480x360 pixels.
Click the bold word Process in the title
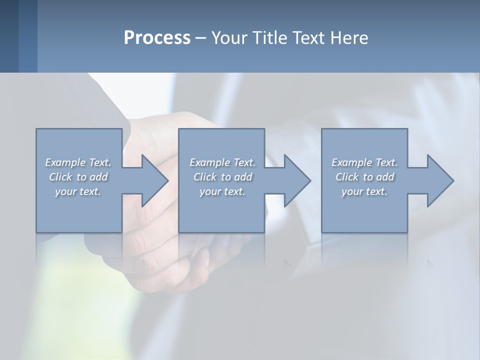click(157, 38)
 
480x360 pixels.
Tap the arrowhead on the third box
click(439, 180)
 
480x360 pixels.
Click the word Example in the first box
click(65, 162)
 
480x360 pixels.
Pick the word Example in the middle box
click(209, 162)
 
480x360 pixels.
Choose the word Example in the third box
click(351, 162)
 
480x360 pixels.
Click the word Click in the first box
click(60, 177)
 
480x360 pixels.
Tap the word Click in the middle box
click(205, 177)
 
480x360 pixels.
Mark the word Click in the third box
click(347, 177)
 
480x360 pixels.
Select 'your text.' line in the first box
click(78, 191)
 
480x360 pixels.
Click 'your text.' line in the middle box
click(222, 191)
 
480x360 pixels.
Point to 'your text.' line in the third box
click(364, 191)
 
